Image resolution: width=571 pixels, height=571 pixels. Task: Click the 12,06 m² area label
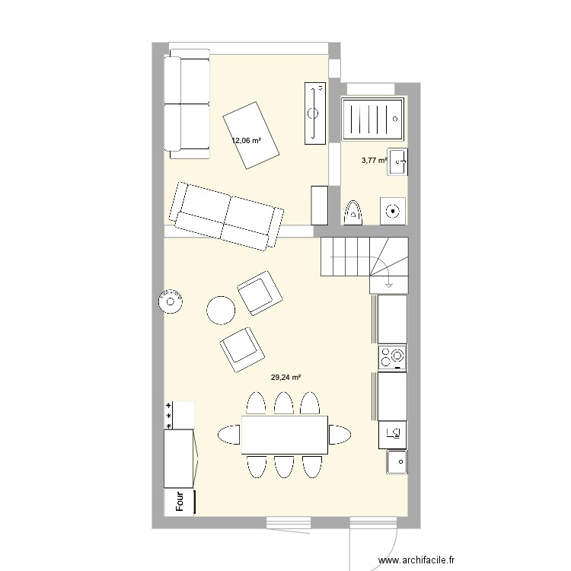click(x=247, y=140)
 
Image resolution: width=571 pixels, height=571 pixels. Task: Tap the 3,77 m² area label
click(x=374, y=160)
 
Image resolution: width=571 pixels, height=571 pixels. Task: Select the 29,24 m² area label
click(x=285, y=377)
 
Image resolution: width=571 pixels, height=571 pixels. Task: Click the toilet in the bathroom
click(x=353, y=212)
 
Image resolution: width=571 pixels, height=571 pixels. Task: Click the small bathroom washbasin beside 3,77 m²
click(x=397, y=161)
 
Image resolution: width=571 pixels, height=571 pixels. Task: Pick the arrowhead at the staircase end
click(x=389, y=285)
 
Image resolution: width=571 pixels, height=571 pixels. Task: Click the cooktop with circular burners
click(x=392, y=356)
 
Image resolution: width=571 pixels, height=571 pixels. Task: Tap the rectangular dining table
click(x=285, y=435)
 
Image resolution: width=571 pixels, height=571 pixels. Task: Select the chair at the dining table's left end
click(x=229, y=435)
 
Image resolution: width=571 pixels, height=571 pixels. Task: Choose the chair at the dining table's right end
click(x=340, y=435)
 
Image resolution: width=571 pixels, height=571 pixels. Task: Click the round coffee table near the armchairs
click(x=221, y=309)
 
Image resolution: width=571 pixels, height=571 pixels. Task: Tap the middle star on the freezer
click(x=167, y=416)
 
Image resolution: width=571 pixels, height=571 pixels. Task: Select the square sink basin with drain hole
click(x=396, y=460)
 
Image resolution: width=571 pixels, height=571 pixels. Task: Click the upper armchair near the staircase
click(x=259, y=292)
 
